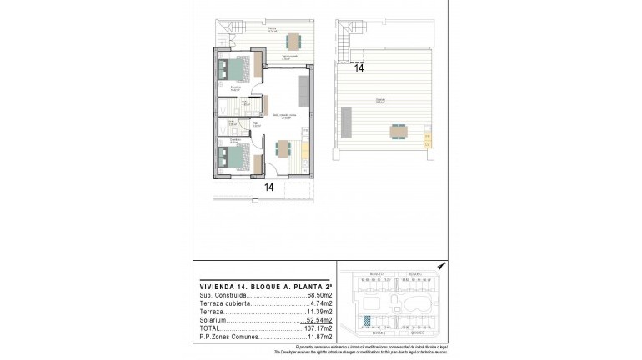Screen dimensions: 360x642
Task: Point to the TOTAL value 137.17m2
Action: pyautogui.click(x=319, y=329)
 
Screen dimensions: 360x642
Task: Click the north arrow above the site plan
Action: pyautogui.click(x=440, y=265)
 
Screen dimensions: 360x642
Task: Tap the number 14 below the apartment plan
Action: pyautogui.click(x=269, y=187)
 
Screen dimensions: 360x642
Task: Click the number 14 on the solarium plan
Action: pyautogui.click(x=359, y=69)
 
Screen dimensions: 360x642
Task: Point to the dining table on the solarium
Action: pyautogui.click(x=398, y=131)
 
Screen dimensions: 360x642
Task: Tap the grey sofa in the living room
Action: pyautogui.click(x=305, y=90)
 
